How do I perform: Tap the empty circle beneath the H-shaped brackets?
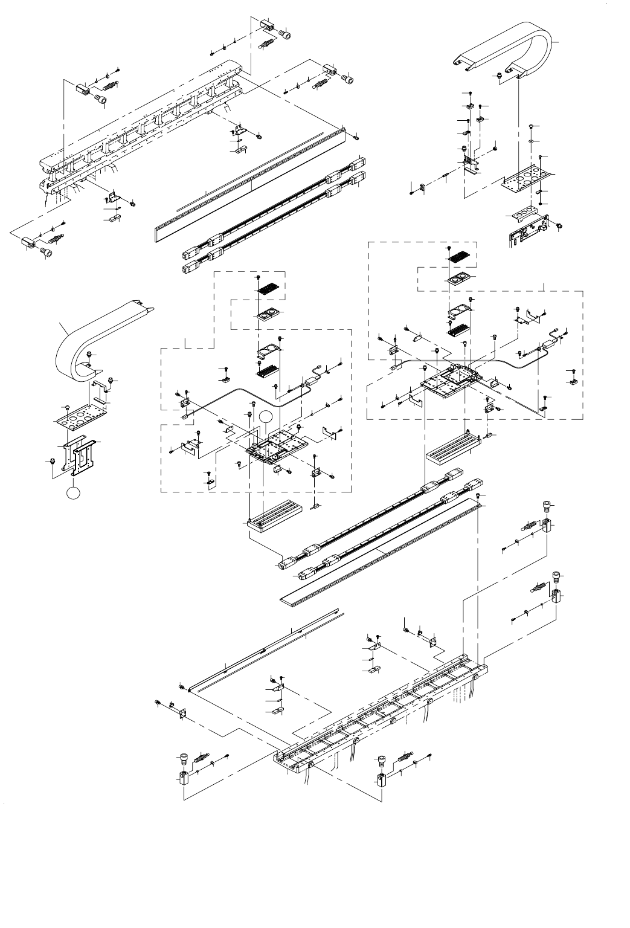[72, 493]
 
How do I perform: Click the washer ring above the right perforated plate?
[530, 141]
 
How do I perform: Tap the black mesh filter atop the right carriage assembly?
[460, 256]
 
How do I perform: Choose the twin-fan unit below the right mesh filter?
[459, 279]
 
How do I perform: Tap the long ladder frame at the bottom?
[381, 713]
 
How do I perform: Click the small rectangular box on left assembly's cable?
[313, 381]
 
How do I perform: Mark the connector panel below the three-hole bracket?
[527, 231]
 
